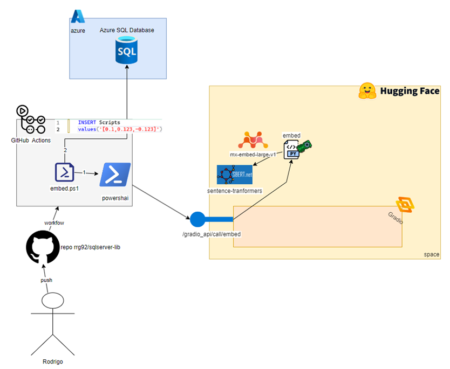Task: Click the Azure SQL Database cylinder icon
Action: (127, 51)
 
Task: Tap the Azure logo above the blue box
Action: (78, 17)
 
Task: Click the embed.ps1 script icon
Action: (65, 172)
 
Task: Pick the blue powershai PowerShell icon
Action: (115, 175)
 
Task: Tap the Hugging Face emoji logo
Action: (367, 90)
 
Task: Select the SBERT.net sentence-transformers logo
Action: (234, 175)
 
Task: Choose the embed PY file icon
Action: (291, 147)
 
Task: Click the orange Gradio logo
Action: (405, 205)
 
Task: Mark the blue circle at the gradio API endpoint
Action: (197, 219)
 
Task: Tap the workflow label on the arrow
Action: (54, 222)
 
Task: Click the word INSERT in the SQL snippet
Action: (87, 122)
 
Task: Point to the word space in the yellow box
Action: (431, 253)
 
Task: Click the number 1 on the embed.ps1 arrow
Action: (84, 172)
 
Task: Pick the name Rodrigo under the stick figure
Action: (53, 361)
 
